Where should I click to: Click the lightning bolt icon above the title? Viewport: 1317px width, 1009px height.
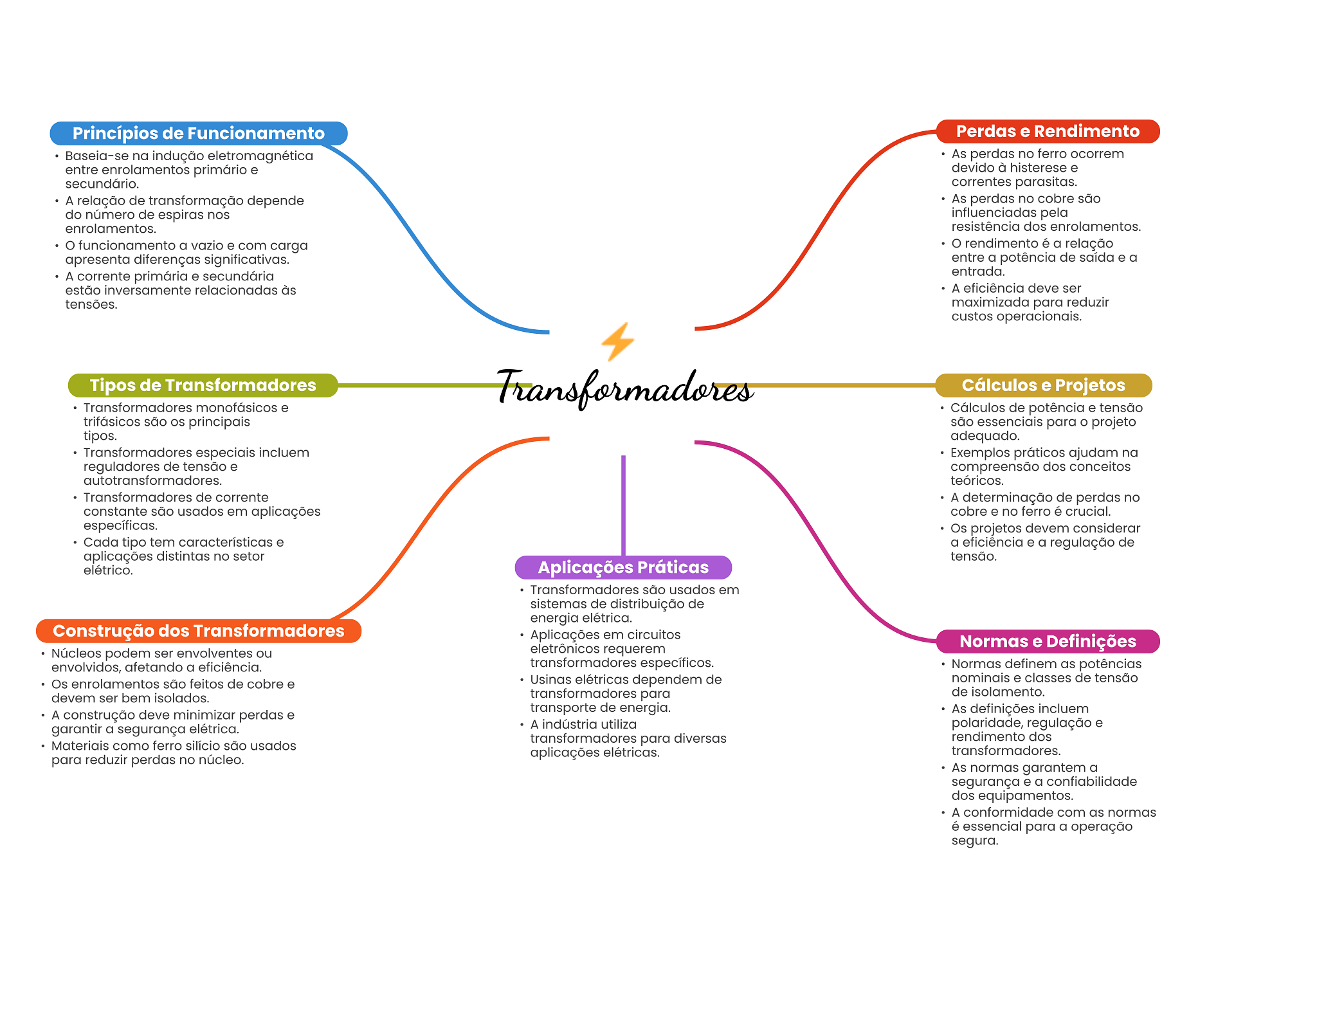(x=618, y=341)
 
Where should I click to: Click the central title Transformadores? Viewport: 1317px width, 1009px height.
(x=624, y=388)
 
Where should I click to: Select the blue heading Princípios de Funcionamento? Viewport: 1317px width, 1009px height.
(x=198, y=133)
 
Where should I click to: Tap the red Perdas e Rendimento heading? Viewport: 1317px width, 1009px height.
(x=1047, y=131)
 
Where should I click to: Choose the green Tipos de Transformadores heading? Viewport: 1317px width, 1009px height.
(x=203, y=385)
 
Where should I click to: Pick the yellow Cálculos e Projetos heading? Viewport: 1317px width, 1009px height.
(x=1042, y=385)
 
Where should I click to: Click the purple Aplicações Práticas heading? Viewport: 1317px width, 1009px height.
(x=622, y=567)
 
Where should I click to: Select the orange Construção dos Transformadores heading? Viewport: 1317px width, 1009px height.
(x=198, y=631)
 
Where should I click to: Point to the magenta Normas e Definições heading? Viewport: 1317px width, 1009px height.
(x=1047, y=641)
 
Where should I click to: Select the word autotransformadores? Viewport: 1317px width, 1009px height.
(x=152, y=481)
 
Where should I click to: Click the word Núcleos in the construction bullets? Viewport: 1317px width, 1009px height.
(x=76, y=653)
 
